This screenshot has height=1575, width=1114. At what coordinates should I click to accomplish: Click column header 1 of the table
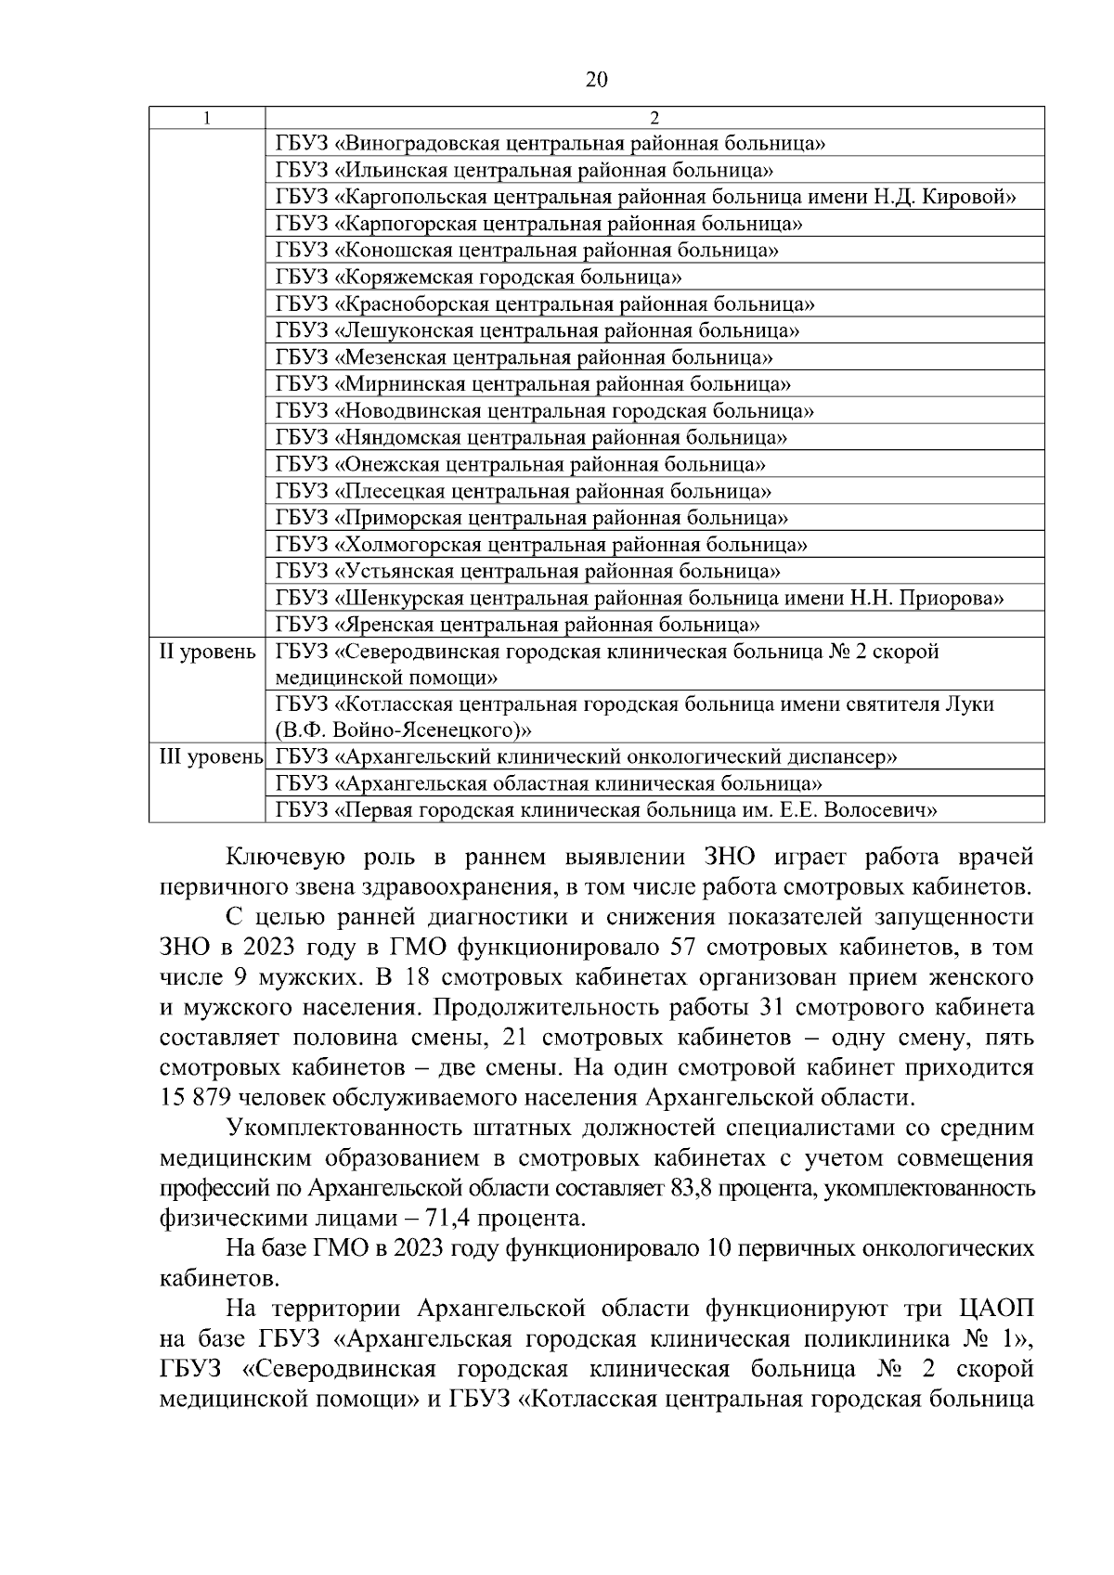pyautogui.click(x=207, y=118)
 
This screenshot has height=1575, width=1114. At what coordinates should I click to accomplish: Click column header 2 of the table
pyautogui.click(x=654, y=118)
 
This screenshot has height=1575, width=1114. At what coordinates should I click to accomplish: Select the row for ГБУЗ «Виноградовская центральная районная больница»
pyautogui.click(x=551, y=144)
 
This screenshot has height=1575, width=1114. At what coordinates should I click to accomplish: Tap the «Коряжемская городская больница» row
pyautogui.click(x=479, y=278)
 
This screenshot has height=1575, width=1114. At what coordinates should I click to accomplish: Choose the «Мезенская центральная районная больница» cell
pyautogui.click(x=525, y=357)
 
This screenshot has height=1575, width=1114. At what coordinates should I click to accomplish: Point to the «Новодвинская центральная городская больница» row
pyautogui.click(x=545, y=411)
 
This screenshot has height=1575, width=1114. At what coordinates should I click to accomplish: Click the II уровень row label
pyautogui.click(x=207, y=652)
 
